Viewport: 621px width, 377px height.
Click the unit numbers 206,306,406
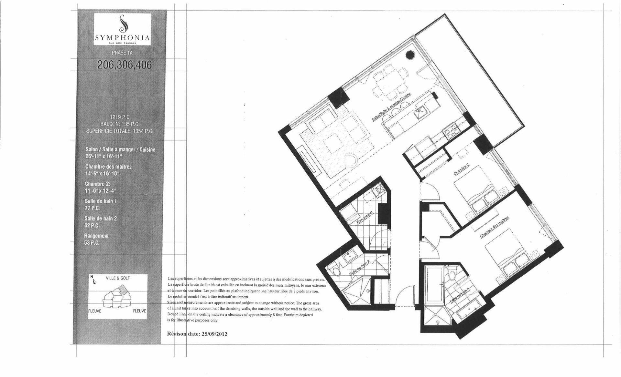coord(125,65)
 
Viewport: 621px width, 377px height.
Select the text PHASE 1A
coord(122,53)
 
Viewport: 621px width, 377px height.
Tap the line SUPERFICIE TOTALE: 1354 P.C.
coord(119,131)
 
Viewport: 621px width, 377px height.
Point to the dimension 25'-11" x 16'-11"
coord(103,156)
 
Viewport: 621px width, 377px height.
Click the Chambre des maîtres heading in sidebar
coord(108,167)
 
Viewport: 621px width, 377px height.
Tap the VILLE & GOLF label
coord(118,278)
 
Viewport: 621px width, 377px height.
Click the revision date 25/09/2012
coord(211,334)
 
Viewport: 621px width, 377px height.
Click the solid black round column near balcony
coord(410,55)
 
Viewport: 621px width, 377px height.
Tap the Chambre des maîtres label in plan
coord(494,227)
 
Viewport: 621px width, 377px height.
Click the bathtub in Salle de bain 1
coord(433,284)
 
